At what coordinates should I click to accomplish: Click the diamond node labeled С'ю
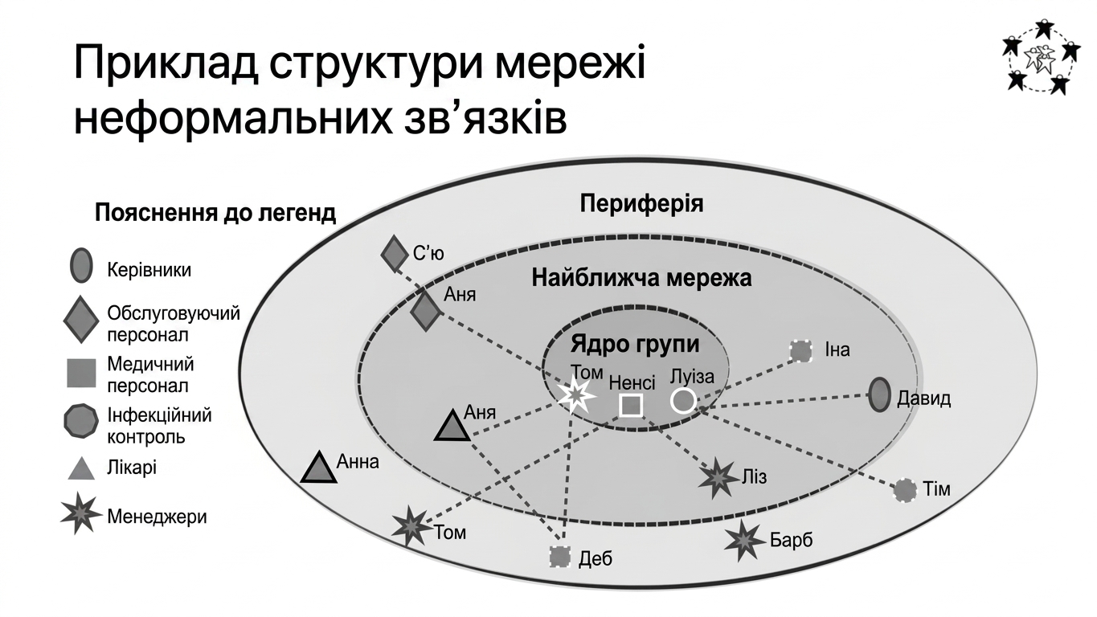(395, 254)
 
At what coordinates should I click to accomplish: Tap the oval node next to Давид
(879, 394)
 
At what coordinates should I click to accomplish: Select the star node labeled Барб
(744, 541)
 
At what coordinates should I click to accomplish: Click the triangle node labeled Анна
(319, 467)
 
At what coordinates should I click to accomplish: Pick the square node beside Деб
(560, 556)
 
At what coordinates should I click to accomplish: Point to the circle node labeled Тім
(905, 490)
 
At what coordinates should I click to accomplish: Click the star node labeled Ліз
(718, 479)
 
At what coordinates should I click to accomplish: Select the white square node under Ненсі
(631, 405)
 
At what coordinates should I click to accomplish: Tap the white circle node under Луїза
(683, 401)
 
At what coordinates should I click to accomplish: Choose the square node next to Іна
(801, 351)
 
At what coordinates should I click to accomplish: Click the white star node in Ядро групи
(576, 395)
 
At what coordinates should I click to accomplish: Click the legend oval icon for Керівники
(81, 265)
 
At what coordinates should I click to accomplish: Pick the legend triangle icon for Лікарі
(81, 468)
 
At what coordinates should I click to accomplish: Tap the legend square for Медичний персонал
(81, 373)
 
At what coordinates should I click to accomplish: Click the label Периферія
(641, 204)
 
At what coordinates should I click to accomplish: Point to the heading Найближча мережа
(641, 278)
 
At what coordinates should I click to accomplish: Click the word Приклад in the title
(166, 63)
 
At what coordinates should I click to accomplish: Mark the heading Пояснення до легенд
(215, 214)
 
